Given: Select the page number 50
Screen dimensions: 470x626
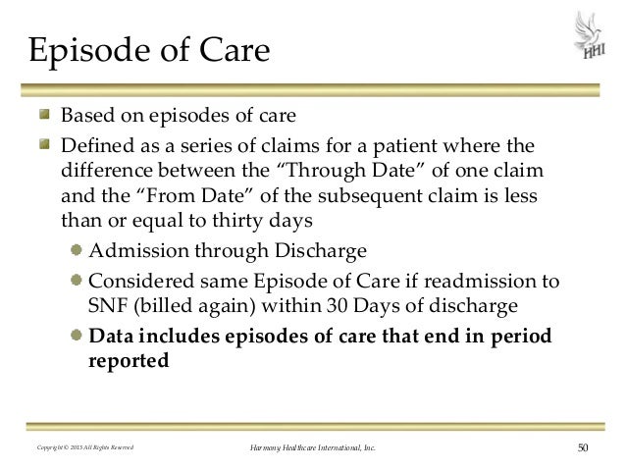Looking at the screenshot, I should (x=584, y=449).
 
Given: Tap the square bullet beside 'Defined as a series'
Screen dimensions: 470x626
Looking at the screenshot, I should (x=47, y=147).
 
